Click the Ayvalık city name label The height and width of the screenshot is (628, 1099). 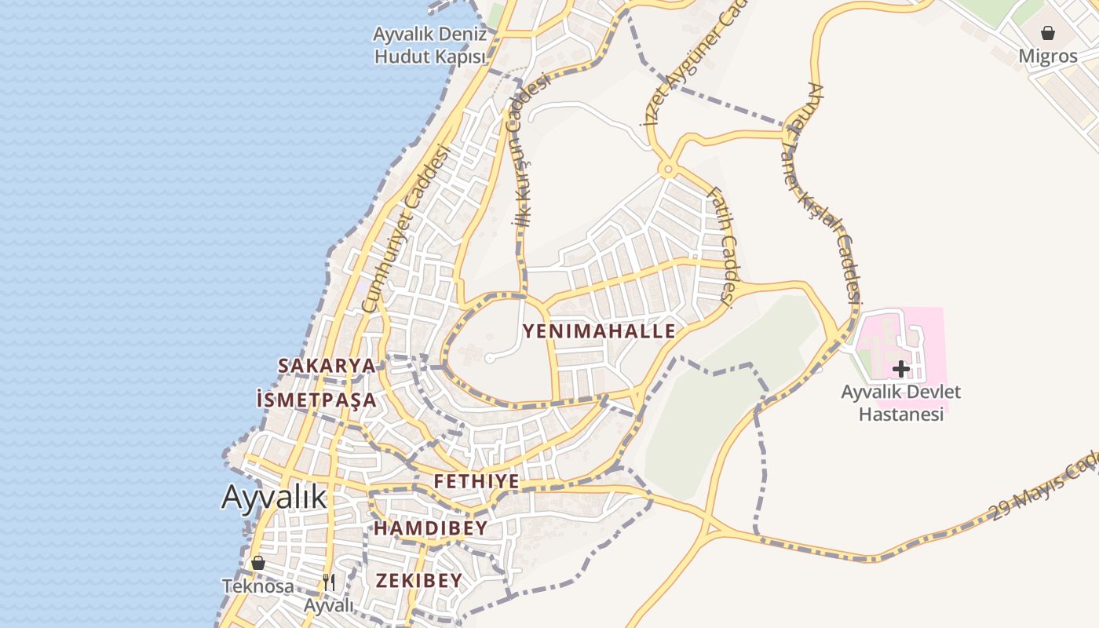click(x=273, y=496)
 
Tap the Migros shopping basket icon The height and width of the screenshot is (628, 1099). click(x=1047, y=33)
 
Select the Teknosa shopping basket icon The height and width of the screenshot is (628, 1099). click(x=258, y=563)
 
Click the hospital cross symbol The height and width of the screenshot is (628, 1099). click(x=900, y=368)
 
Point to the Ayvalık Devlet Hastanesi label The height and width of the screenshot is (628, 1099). click(x=900, y=403)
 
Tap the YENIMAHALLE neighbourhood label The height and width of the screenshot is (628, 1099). click(x=599, y=331)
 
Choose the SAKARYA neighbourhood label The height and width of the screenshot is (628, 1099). click(x=327, y=366)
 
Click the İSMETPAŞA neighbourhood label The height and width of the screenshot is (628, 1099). click(x=316, y=400)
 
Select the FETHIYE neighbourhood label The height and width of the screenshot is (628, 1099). click(x=476, y=481)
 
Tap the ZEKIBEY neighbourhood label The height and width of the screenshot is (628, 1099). click(x=419, y=581)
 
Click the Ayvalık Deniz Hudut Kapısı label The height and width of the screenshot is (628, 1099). click(x=429, y=46)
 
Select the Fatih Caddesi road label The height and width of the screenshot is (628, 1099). click(x=721, y=245)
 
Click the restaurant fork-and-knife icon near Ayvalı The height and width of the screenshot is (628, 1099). click(x=329, y=582)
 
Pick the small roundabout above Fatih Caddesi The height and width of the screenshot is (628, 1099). click(x=668, y=168)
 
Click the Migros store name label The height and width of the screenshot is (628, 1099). click(x=1048, y=57)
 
